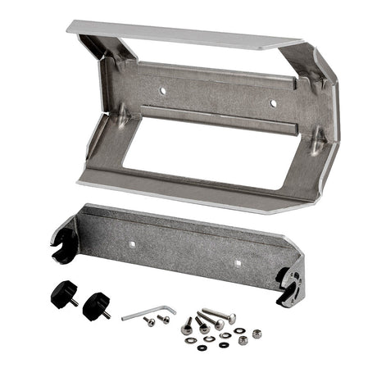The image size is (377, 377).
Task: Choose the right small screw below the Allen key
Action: click(x=164, y=319)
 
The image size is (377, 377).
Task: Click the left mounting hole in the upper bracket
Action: click(x=162, y=89)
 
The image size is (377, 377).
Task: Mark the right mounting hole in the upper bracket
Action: click(x=274, y=102)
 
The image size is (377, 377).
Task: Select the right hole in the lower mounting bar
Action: click(x=238, y=263)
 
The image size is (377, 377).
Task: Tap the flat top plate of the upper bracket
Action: click(x=180, y=34)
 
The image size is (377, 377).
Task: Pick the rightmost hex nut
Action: click(x=256, y=334)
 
